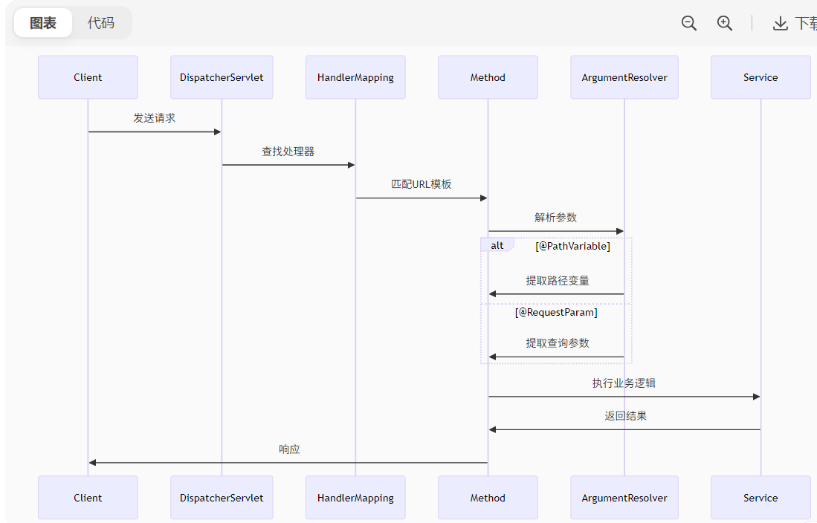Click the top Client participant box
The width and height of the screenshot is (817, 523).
click(x=88, y=77)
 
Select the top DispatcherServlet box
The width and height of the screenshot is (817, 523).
click(x=222, y=77)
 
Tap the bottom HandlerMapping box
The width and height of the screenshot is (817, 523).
click(x=355, y=498)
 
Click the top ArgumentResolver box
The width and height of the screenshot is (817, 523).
click(x=624, y=77)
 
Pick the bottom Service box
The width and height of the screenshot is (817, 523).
click(x=761, y=498)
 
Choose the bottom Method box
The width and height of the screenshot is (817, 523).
click(x=488, y=498)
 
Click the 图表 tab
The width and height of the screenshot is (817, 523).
click(x=43, y=23)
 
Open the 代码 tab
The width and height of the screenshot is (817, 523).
click(x=101, y=23)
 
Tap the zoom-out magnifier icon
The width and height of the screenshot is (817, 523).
click(x=689, y=23)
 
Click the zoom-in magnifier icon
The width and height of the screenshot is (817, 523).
click(x=725, y=23)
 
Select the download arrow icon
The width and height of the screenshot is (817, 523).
click(x=780, y=24)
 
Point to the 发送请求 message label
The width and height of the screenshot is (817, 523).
click(x=155, y=118)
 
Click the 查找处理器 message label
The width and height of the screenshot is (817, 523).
click(x=288, y=152)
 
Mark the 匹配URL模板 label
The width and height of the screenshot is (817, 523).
click(x=422, y=184)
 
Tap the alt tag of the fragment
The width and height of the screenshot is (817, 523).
click(x=497, y=245)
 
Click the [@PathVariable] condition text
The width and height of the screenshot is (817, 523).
click(x=572, y=246)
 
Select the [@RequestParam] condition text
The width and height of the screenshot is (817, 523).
click(x=556, y=313)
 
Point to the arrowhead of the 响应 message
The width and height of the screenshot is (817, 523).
click(x=92, y=463)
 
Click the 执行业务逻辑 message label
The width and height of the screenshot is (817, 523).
click(x=624, y=383)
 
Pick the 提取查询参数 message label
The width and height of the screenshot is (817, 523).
click(x=557, y=343)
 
